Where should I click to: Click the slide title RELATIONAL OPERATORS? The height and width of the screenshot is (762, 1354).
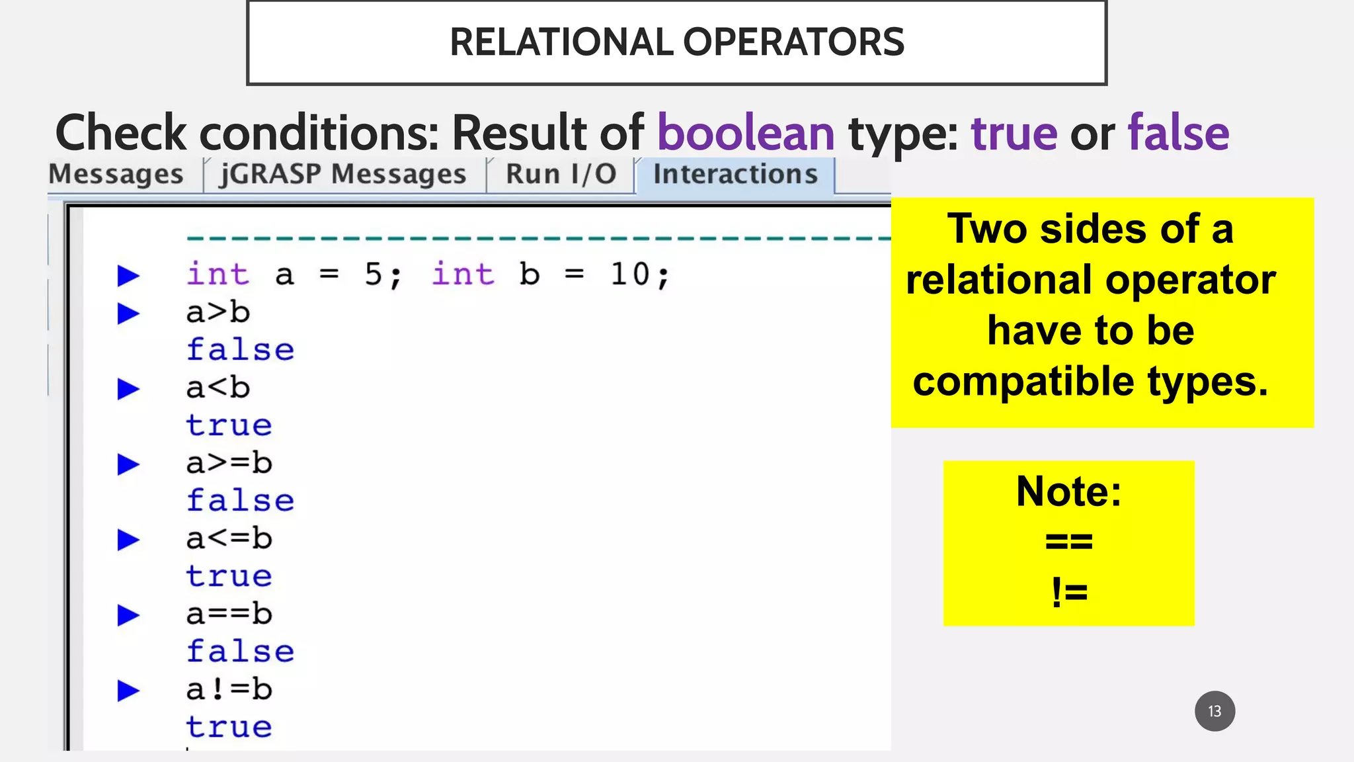tap(676, 42)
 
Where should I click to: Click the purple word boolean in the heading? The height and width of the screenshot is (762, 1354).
tap(746, 133)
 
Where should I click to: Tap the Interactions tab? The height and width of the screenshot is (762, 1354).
tap(735, 175)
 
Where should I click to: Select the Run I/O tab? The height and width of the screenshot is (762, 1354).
tap(561, 175)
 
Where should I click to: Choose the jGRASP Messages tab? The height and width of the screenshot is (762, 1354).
tap(343, 175)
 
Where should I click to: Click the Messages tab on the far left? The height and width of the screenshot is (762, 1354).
tap(116, 175)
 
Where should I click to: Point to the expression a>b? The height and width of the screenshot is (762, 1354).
tap(218, 312)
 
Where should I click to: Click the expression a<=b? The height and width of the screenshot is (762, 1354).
tap(229, 538)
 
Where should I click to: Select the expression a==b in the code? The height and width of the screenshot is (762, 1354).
tap(229, 614)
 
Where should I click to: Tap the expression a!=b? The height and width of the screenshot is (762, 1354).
tap(229, 689)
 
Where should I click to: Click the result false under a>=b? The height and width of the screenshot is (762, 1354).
tap(240, 501)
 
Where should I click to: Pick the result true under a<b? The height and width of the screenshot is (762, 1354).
tap(229, 425)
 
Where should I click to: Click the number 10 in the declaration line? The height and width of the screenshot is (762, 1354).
tap(630, 275)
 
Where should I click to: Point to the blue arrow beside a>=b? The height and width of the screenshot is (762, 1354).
tap(128, 464)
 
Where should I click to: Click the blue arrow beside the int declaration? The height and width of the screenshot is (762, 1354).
tap(128, 275)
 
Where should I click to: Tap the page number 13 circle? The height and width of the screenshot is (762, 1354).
tap(1215, 711)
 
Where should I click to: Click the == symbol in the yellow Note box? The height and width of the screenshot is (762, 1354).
tap(1068, 542)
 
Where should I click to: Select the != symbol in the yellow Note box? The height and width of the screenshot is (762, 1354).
tap(1068, 591)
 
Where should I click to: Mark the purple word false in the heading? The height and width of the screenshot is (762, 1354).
tap(1178, 133)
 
